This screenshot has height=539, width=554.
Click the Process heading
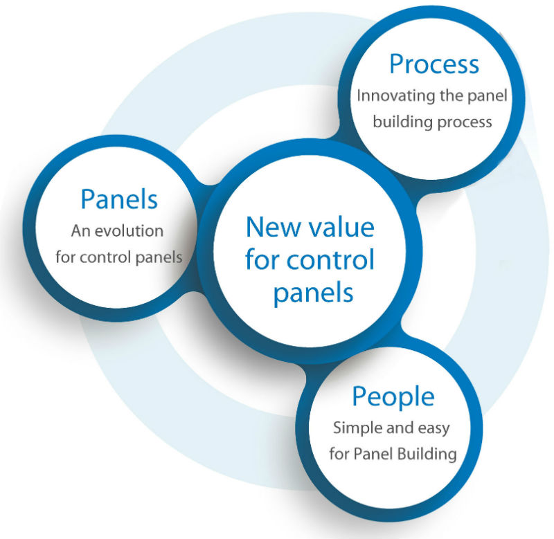pos(434,64)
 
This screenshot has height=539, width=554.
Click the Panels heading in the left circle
pos(119,199)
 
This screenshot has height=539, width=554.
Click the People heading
pos(393,396)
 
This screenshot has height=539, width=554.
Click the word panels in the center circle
pos(313,292)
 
